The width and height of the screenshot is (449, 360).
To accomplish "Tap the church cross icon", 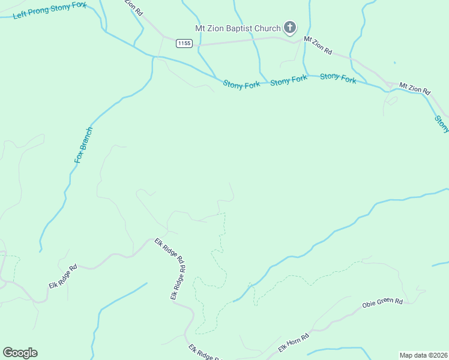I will tap(290, 28).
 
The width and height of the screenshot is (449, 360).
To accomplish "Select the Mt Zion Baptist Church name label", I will tap(238, 28).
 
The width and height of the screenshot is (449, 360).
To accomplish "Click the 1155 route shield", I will tap(184, 43).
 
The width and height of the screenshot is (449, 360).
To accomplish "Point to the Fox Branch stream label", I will tap(83, 145).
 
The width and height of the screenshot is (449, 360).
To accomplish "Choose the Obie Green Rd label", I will tap(382, 302).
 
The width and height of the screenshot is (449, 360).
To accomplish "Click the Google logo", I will tap(20, 352).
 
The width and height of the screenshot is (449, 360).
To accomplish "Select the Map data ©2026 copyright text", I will tap(423, 355).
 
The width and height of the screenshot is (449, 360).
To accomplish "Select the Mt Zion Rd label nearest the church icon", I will tap(318, 46).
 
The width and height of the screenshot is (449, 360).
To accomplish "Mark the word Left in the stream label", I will tap(20, 15).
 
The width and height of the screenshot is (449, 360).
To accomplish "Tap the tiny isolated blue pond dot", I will tap(394, 62).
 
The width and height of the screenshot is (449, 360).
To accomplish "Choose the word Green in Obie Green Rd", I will tap(384, 302).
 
